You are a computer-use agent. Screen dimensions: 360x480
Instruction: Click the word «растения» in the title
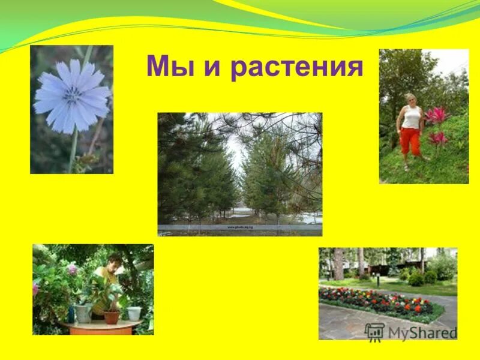click(x=296, y=68)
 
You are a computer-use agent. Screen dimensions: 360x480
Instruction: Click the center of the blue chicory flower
click(x=71, y=95)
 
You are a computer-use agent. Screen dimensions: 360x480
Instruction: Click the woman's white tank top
click(x=411, y=116)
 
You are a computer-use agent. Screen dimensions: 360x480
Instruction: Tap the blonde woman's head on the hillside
click(x=411, y=99)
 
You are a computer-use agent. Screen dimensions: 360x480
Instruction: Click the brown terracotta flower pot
click(x=111, y=317)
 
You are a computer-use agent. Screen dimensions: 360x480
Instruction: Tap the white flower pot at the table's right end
click(x=134, y=313)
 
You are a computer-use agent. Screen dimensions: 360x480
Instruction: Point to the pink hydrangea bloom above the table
click(x=73, y=269)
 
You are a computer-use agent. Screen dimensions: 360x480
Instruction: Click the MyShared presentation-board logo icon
click(x=375, y=332)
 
